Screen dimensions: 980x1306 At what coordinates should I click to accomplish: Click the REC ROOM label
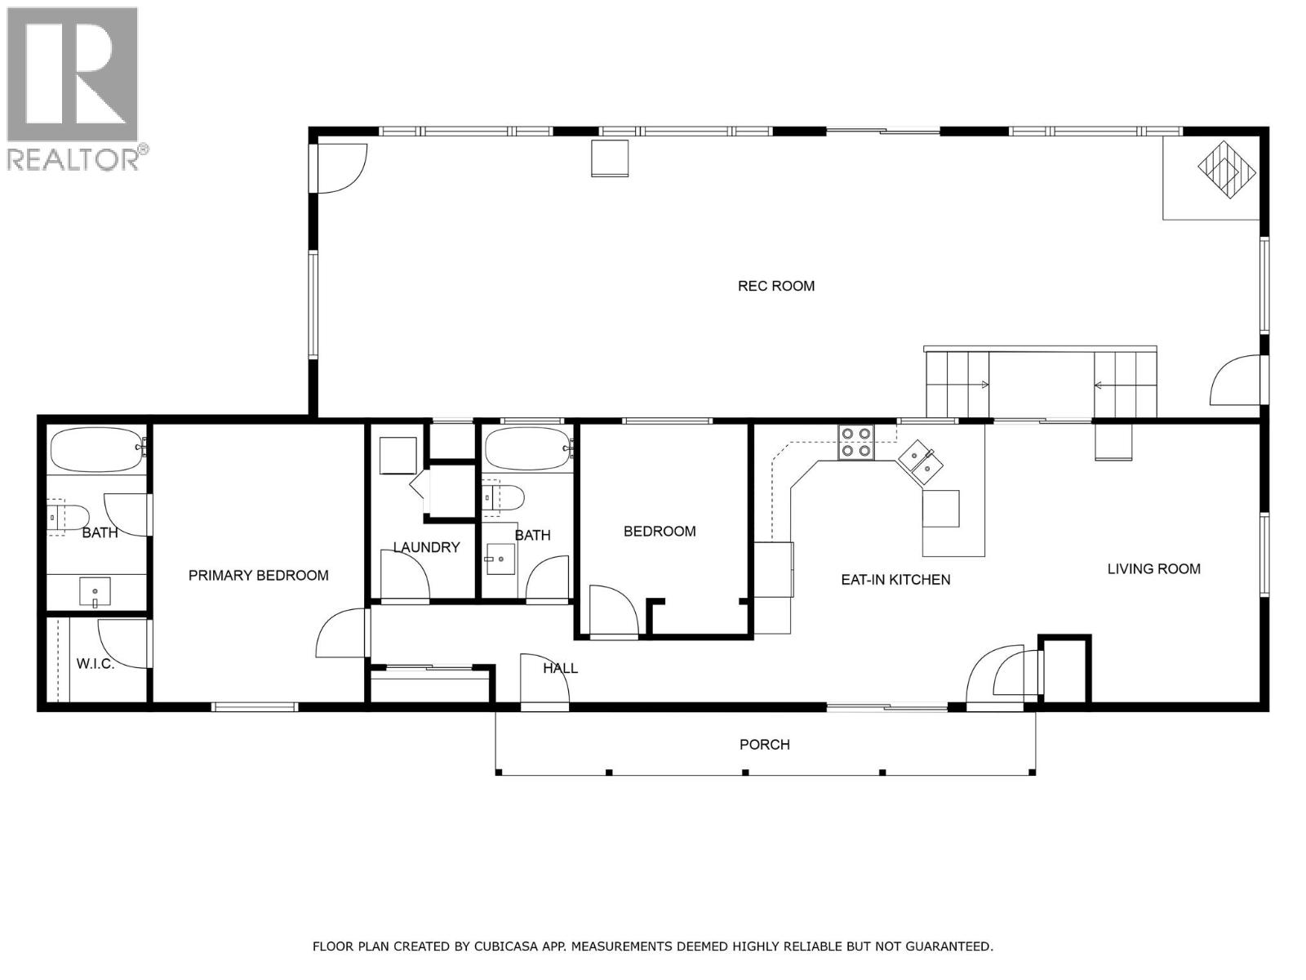point(775,286)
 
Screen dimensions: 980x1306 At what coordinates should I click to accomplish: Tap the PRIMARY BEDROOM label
point(258,575)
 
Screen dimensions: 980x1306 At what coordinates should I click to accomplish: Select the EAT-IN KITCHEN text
point(895,579)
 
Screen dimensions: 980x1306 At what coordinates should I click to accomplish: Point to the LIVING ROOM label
point(1153,568)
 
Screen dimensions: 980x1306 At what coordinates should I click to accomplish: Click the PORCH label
point(764,744)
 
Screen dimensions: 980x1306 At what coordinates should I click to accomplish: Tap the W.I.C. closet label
point(96,664)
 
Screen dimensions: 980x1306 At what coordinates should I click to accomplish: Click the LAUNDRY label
point(426,547)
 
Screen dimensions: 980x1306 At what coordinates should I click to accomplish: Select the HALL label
point(560,668)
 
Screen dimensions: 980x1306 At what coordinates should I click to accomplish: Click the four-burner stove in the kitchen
point(855,442)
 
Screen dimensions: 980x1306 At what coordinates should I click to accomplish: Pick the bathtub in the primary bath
point(96,450)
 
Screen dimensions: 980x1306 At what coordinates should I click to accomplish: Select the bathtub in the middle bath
point(527,449)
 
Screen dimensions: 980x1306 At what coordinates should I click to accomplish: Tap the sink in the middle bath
point(499,559)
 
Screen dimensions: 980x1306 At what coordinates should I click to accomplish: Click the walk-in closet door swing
point(122,644)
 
